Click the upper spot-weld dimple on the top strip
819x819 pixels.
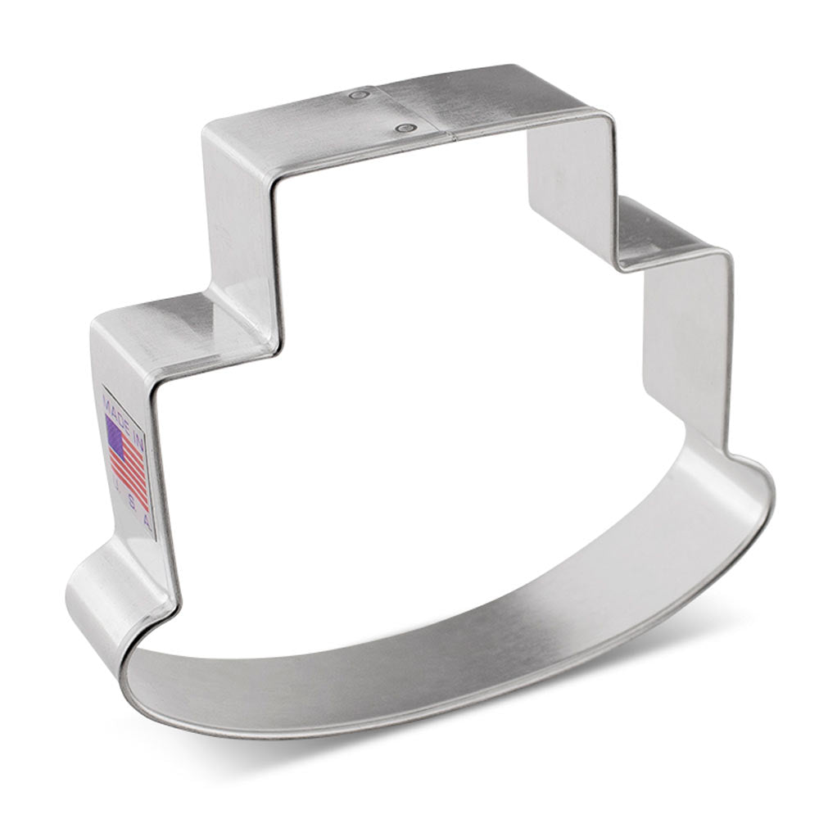coord(357,96)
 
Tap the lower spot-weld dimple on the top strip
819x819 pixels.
coord(402,127)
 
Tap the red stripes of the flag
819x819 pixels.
coord(131,475)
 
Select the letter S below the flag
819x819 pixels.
coord(136,502)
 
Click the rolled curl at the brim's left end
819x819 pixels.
coord(98,590)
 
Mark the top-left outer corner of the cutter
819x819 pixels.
coord(205,131)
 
